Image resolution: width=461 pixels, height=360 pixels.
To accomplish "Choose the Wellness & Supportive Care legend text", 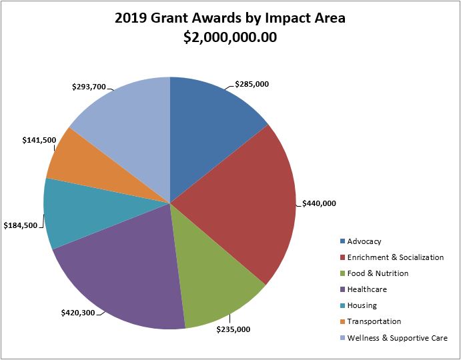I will (x=398, y=338).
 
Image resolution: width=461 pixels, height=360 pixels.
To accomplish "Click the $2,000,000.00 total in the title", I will (x=230, y=37).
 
